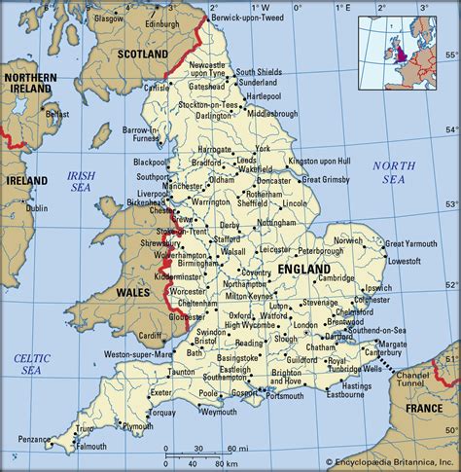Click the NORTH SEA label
click(398, 172)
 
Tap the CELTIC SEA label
click(32, 365)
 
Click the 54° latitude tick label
click(450, 128)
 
